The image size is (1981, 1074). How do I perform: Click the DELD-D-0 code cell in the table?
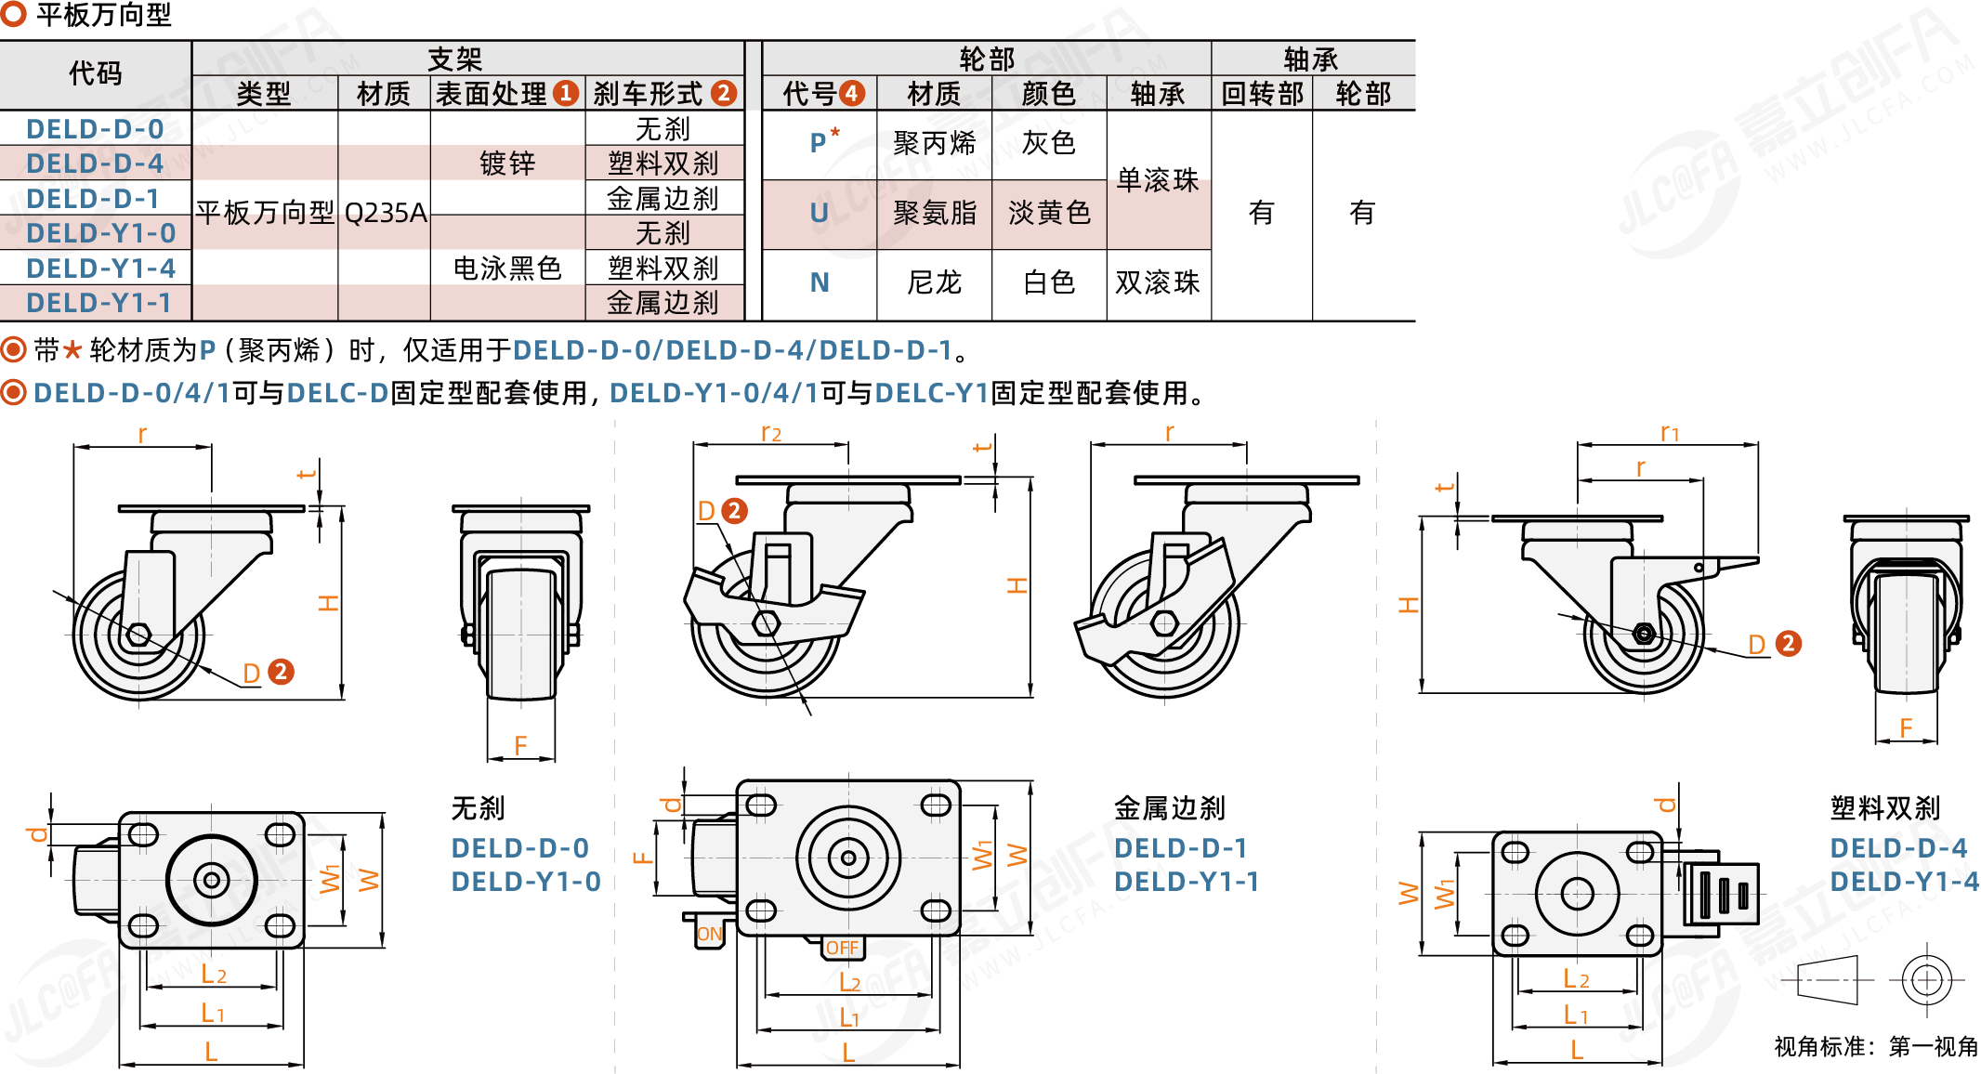95,128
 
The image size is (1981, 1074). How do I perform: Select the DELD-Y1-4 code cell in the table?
100,268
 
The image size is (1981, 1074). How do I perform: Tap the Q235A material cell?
385,213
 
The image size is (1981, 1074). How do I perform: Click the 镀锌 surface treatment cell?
507,164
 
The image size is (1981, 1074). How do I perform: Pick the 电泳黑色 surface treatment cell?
507,268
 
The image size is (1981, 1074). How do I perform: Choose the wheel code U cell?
819,213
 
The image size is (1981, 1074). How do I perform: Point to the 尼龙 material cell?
934,282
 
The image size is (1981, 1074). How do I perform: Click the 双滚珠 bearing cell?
1158,282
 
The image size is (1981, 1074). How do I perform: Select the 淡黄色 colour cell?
1049,213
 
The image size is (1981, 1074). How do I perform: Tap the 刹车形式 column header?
649,93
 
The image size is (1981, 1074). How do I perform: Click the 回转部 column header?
1262,93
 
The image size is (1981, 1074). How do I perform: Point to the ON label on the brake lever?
709,934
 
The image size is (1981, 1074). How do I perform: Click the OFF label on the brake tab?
842,948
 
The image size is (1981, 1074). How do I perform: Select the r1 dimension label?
1669,432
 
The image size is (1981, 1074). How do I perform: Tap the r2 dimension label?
770,432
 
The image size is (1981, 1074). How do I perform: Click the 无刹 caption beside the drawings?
478,808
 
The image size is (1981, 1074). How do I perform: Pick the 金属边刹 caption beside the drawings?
1169,808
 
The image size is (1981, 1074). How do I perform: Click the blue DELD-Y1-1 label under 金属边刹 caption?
1186,881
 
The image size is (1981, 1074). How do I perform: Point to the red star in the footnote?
72,350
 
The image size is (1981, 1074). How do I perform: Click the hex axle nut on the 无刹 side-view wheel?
139,635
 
